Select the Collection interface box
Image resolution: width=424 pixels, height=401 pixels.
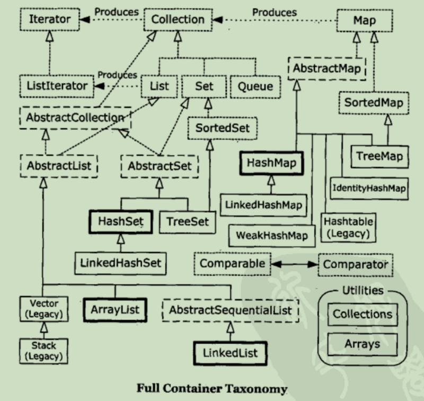[178, 20]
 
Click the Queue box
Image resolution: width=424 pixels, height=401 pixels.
[255, 86]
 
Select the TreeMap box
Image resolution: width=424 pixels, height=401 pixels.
[379, 156]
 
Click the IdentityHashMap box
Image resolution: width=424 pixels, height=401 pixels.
[369, 188]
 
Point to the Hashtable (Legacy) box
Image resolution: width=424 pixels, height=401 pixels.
[348, 226]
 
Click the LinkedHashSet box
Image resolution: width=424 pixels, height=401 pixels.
[120, 261]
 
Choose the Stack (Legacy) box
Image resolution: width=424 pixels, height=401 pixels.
[40, 351]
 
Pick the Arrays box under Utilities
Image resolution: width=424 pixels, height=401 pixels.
[363, 344]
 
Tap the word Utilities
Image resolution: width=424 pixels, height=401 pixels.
[363, 291]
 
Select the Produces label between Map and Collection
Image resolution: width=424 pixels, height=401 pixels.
[273, 12]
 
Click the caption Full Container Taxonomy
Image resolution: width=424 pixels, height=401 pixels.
[212, 388]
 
